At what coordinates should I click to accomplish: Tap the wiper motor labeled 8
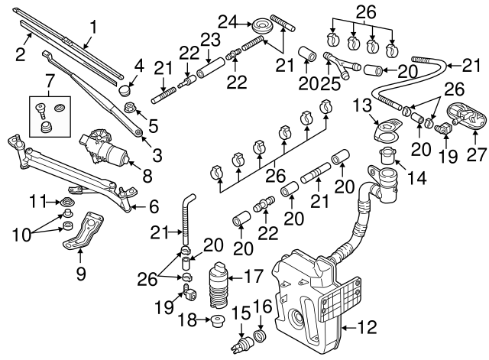(x=107, y=146)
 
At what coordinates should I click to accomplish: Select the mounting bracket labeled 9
(x=84, y=232)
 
